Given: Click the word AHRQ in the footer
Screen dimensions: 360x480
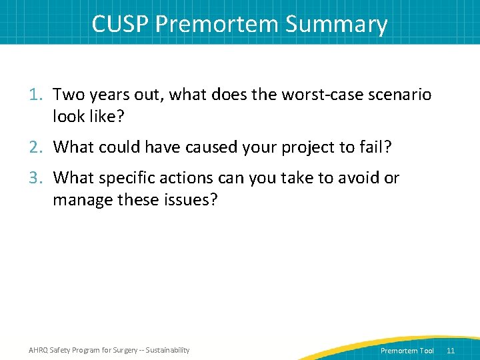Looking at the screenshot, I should point(38,350).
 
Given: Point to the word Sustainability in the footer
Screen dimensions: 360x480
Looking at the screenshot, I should point(166,350).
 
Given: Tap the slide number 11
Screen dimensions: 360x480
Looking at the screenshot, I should point(451,351).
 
